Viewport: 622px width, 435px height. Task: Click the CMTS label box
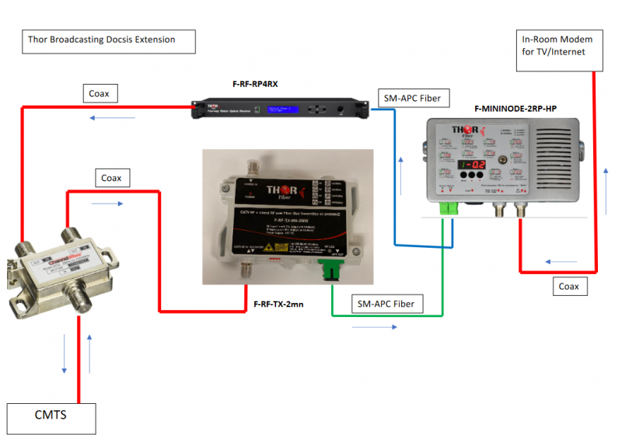[51, 416]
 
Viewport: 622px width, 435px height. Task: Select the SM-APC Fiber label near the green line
[387, 302]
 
